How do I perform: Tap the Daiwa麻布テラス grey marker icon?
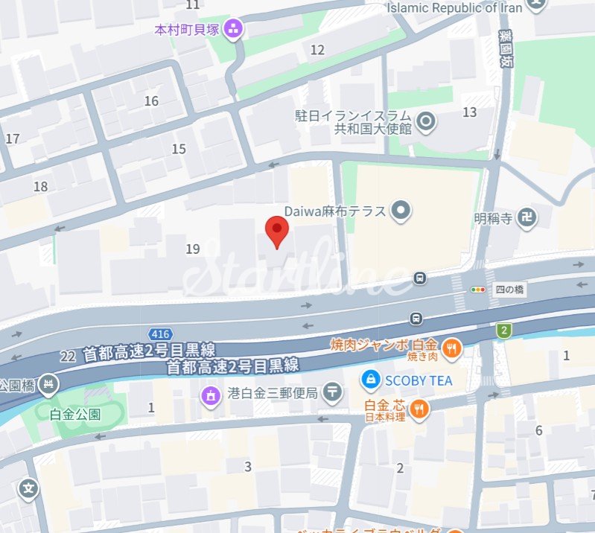401,211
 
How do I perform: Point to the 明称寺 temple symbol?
527,218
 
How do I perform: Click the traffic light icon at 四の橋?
477,290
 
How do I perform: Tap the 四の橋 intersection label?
509,290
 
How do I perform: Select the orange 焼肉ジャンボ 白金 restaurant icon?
451,346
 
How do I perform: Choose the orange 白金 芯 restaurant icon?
420,408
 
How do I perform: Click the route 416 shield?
160,333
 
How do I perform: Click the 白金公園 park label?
75,414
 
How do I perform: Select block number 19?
194,249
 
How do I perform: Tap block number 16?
152,101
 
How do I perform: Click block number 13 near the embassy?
469,112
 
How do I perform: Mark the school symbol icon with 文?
29,489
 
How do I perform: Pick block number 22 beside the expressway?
69,357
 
